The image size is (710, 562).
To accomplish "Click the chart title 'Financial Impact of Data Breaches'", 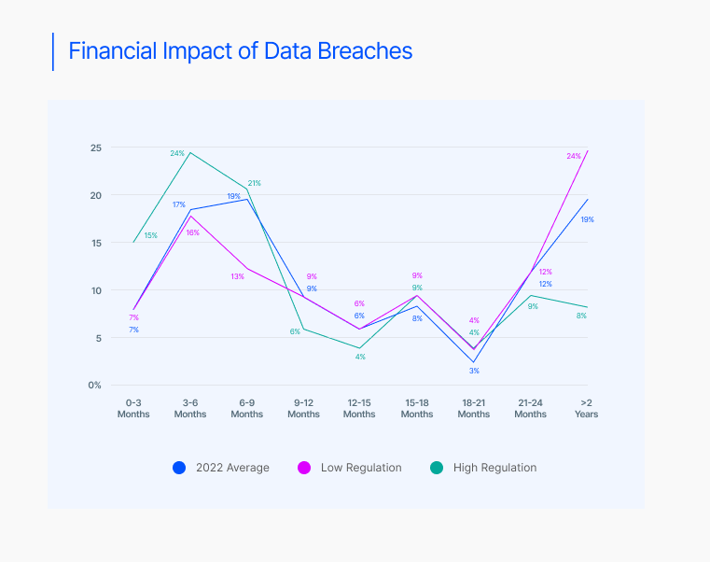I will pos(241,51).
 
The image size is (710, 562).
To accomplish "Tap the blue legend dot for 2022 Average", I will pos(179,468).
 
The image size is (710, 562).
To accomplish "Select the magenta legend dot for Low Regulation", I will pos(303,468).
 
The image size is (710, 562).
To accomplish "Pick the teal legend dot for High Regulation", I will pos(436,468).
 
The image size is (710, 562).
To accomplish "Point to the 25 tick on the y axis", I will pos(96,148).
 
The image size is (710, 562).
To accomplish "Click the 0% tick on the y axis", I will pos(95,385).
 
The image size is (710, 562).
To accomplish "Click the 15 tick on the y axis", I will pos(96,243).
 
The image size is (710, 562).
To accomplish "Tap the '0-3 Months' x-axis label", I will pos(133,408).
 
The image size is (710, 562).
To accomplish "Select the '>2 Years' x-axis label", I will pos(587,408).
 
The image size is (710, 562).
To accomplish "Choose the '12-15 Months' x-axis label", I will pos(359,408).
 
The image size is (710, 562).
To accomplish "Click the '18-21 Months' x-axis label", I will pos(474,408).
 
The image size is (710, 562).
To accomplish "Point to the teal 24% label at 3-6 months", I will pos(176,153).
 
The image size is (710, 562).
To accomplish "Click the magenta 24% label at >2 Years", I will pos(574,156).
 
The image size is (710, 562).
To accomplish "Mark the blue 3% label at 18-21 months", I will pos(474,372).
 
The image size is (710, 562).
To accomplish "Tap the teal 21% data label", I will pos(254,183).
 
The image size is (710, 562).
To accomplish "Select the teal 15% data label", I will pos(150,235).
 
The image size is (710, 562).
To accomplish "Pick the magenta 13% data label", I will pos(237,276).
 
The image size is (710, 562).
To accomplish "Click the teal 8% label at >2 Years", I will pos(581,316).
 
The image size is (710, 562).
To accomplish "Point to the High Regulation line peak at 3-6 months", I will pos(190,152).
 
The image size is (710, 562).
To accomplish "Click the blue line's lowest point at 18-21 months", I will pos(474,362).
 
